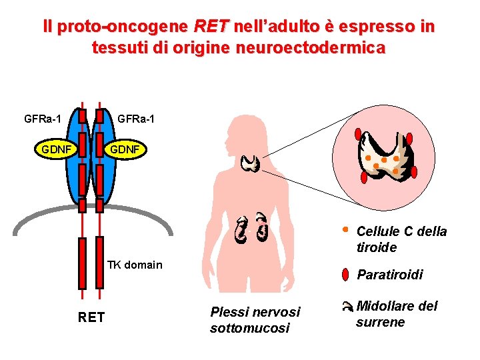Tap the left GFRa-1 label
(x=43, y=119)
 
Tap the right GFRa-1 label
(x=136, y=119)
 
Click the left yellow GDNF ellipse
(x=56, y=149)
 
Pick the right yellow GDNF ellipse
(x=124, y=149)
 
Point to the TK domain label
(x=135, y=265)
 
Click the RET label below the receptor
(x=91, y=317)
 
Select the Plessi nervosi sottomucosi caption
(x=255, y=319)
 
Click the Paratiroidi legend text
(x=389, y=275)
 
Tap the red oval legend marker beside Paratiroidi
(x=345, y=274)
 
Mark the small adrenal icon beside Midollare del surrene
(x=346, y=307)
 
